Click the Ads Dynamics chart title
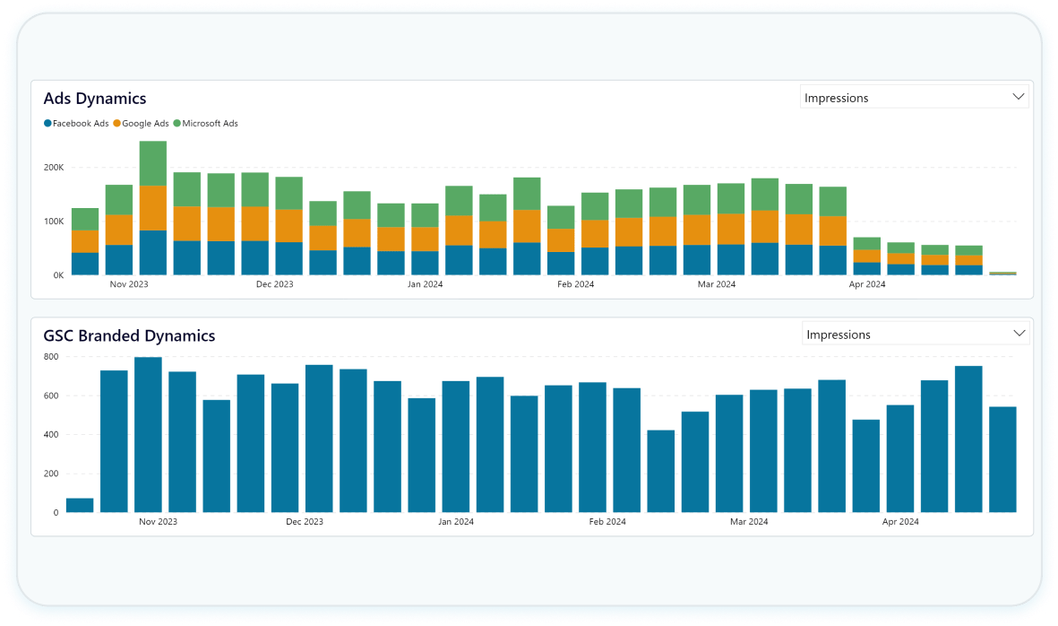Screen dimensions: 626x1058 (95, 99)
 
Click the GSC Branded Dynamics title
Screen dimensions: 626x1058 (129, 336)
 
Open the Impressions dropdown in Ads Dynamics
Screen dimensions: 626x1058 (914, 98)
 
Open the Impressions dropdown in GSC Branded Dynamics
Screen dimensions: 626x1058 (915, 335)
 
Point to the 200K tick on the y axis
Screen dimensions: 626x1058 (53, 168)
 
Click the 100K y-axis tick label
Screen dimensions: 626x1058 (53, 222)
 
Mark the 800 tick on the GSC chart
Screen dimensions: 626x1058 (51, 357)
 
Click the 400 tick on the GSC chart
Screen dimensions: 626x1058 (51, 435)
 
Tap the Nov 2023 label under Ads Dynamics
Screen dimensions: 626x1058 (129, 284)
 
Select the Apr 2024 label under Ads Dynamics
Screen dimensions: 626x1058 (867, 284)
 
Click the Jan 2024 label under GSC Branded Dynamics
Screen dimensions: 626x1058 (456, 521)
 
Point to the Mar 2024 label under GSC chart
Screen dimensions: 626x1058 (749, 521)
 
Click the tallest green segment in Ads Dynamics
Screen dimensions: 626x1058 (153, 163)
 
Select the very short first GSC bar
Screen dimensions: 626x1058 (80, 505)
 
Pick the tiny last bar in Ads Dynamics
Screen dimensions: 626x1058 (1002, 273)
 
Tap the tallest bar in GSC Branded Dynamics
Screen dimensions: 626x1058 (148, 435)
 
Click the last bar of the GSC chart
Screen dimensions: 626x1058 (1002, 459)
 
